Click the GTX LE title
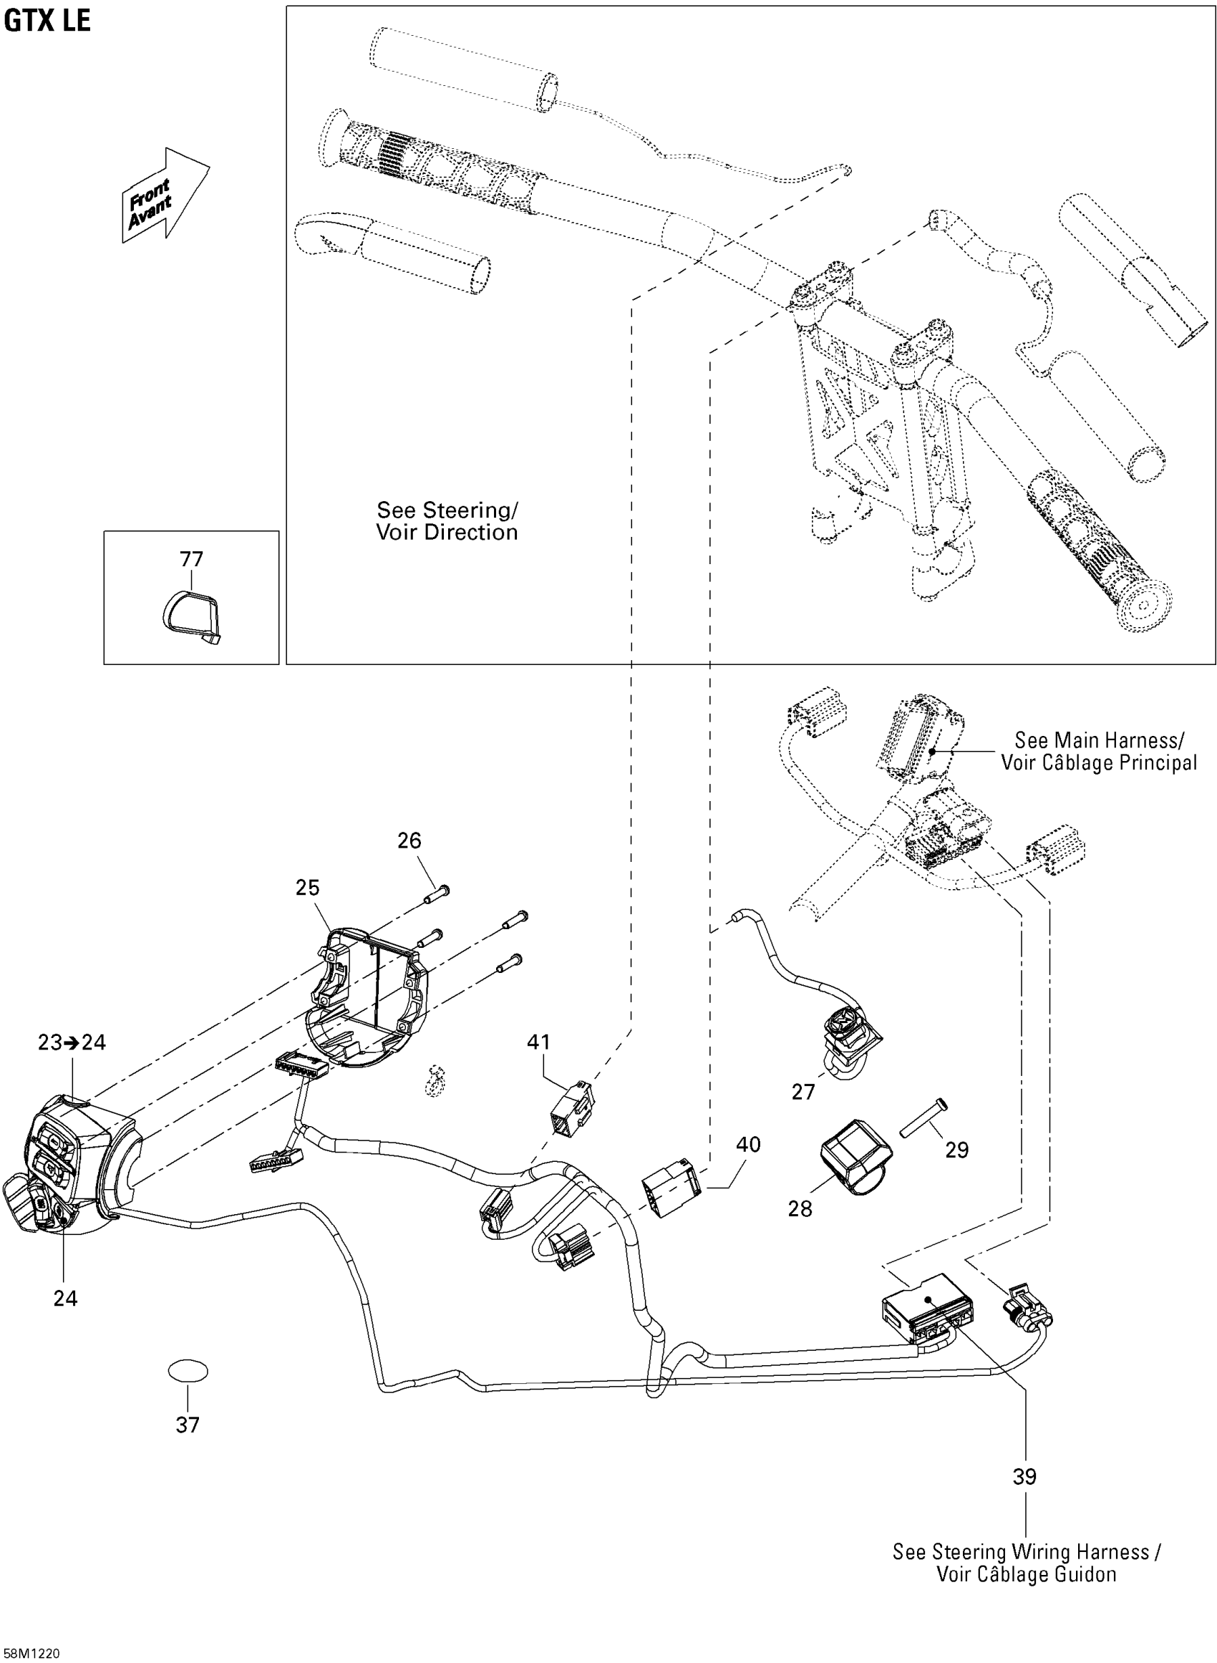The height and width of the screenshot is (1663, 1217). tap(47, 20)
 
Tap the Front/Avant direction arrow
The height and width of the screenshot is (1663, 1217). tap(166, 195)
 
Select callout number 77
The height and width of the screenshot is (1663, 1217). tap(192, 559)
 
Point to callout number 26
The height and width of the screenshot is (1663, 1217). tap(409, 840)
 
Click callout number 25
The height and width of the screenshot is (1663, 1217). tap(307, 888)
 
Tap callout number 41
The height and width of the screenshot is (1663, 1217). tap(538, 1042)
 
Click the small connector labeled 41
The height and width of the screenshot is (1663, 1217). tap(573, 1109)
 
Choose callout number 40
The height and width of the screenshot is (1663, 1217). tap(749, 1145)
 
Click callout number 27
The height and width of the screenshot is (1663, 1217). tap(803, 1092)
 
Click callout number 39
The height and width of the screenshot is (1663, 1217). tap(1024, 1477)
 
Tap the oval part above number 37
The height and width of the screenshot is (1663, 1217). tap(188, 1372)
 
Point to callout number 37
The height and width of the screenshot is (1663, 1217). tap(188, 1425)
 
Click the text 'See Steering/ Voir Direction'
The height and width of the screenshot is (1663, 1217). tap(447, 521)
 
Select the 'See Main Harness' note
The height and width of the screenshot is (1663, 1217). tap(1099, 750)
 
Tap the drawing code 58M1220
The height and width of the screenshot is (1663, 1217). tap(31, 1654)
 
